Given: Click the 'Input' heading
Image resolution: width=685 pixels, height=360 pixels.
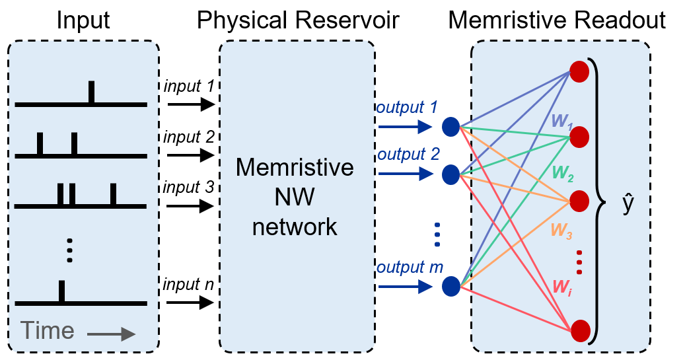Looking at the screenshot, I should point(83,20).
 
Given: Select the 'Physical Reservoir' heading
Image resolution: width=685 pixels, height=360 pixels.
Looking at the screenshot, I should point(297,20).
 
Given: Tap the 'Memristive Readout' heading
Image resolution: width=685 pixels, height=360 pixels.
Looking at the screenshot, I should point(557,20).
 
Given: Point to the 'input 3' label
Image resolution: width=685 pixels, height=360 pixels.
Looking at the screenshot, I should point(190,188).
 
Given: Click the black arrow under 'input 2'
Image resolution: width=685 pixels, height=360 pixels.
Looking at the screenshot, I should point(191,155).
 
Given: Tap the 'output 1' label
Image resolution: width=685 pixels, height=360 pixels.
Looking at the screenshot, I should point(407,107).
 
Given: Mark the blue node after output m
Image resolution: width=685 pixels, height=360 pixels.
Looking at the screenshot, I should point(451,286).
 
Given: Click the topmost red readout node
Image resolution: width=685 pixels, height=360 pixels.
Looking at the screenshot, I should point(579,72).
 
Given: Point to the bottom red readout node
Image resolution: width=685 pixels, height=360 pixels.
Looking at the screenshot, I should point(579,330).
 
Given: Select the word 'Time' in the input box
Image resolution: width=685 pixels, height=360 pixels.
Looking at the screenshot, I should point(46,330).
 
